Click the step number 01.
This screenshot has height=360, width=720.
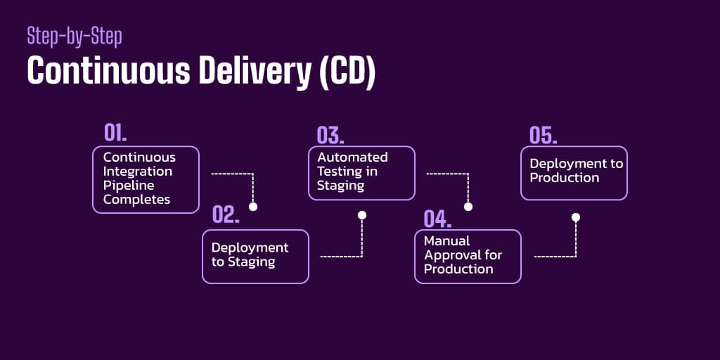pyautogui.click(x=115, y=133)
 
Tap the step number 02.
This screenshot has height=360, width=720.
pyautogui.click(x=226, y=215)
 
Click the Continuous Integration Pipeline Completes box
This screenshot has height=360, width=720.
pyautogui.click(x=146, y=179)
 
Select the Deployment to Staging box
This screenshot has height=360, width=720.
pyautogui.click(x=255, y=256)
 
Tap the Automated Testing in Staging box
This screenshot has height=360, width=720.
pyautogui.click(x=361, y=173)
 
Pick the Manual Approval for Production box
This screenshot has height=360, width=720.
pyautogui.click(x=468, y=256)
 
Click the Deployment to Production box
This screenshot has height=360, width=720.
pyautogui.click(x=574, y=173)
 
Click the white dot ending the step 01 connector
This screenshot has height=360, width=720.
pyautogui.click(x=253, y=207)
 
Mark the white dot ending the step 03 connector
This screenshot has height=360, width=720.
pyautogui.click(x=468, y=207)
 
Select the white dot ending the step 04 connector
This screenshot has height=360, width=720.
pyautogui.click(x=576, y=217)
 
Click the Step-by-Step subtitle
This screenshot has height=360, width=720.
pyautogui.click(x=74, y=37)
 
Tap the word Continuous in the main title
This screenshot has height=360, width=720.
pyautogui.click(x=97, y=72)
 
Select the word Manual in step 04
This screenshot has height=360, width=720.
pyautogui.click(x=446, y=241)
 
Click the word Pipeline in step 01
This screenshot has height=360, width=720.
pyautogui.click(x=124, y=186)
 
